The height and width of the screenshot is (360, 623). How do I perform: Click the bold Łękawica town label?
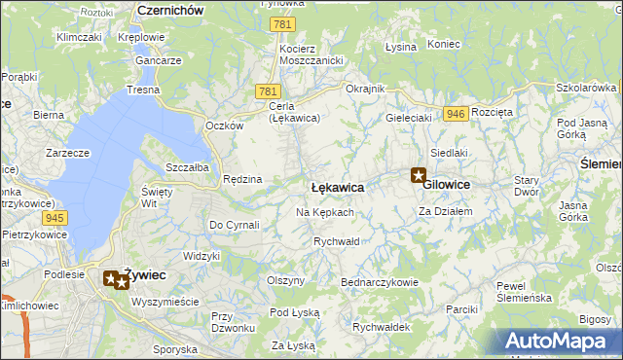(x=337, y=186)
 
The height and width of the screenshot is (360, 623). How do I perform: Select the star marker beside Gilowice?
(x=419, y=176)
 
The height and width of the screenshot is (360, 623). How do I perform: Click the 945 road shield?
(x=55, y=217)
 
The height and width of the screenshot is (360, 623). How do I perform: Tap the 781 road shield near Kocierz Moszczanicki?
(x=282, y=24)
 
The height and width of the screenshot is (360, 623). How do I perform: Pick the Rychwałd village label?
(x=337, y=241)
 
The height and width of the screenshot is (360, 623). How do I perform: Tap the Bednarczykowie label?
(x=379, y=282)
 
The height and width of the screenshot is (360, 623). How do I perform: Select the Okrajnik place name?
(x=366, y=89)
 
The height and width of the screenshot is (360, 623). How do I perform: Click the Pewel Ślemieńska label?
(x=524, y=291)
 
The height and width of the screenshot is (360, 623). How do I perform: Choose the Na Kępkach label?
(x=324, y=212)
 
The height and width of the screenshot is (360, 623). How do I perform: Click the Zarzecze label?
(x=67, y=153)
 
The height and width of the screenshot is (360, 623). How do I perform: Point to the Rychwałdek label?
(x=381, y=327)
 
